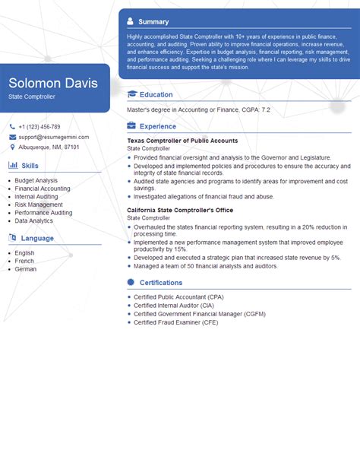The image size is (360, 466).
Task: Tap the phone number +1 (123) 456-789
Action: click(x=39, y=127)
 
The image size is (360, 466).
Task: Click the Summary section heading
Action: click(x=154, y=21)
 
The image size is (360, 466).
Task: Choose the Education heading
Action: click(x=156, y=94)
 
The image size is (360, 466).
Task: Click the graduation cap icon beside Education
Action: click(x=132, y=94)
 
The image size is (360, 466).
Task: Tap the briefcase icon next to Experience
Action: click(x=132, y=126)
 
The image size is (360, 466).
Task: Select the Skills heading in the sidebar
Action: click(x=30, y=165)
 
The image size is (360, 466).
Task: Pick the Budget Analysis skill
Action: click(x=36, y=180)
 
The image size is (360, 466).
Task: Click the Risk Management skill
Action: click(x=39, y=204)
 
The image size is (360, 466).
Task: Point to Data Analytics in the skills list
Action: click(x=34, y=220)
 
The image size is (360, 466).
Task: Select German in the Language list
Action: click(x=25, y=269)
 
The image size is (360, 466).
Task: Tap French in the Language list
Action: click(x=24, y=261)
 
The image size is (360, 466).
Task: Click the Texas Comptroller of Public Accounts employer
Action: click(x=183, y=141)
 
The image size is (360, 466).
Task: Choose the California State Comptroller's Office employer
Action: click(x=181, y=210)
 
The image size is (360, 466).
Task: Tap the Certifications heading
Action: click(x=161, y=282)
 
